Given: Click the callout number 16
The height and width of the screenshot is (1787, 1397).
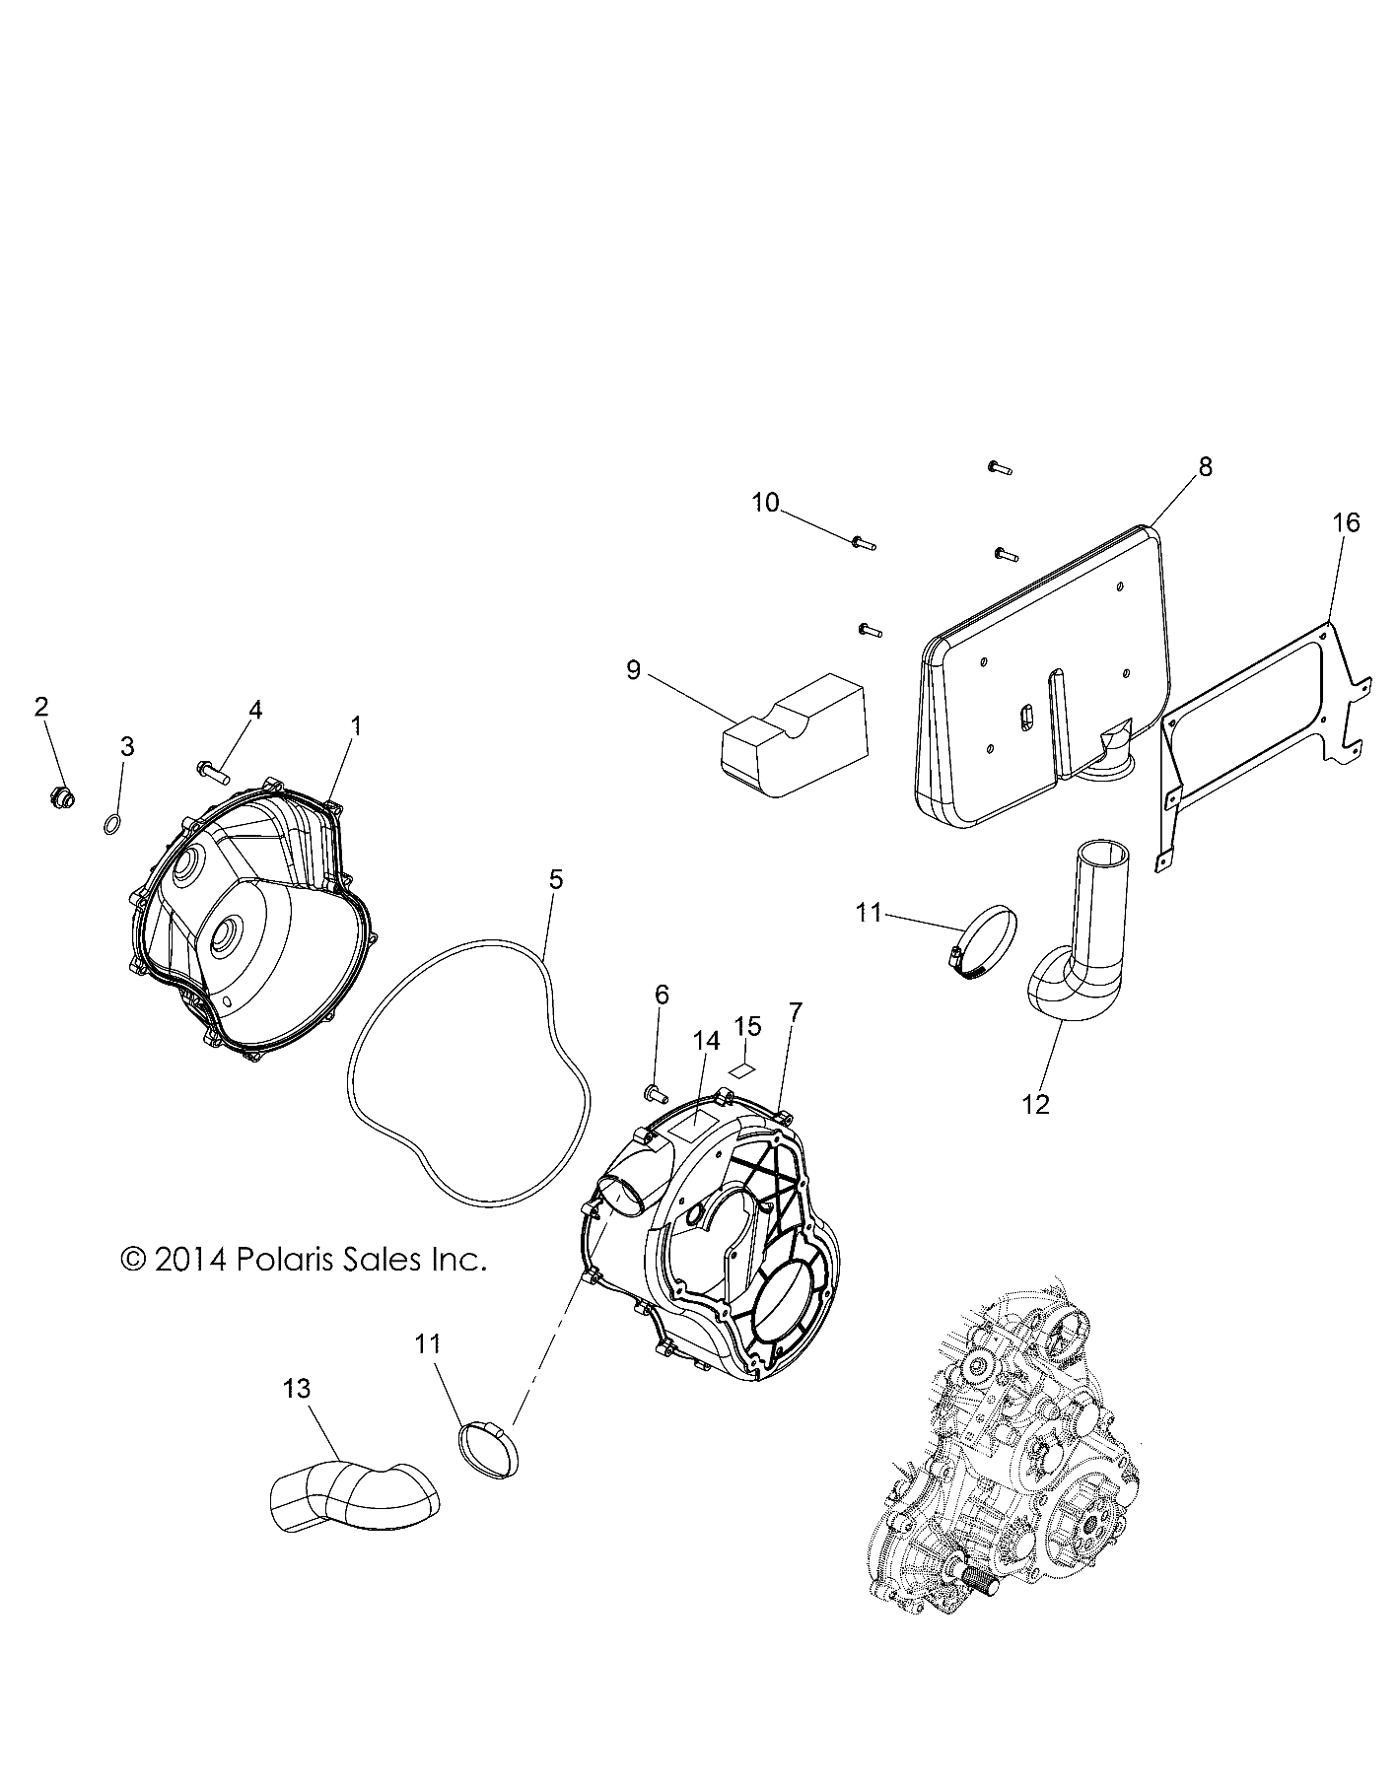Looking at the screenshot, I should pos(1346,522).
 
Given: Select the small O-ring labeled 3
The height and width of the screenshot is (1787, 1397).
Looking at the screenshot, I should pos(113,796).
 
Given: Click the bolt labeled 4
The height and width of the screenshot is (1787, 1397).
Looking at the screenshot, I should pos(212,738).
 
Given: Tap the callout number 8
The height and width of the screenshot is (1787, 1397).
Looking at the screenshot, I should pos(1206,467).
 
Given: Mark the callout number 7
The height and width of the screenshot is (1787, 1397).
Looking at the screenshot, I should pos(796,1011).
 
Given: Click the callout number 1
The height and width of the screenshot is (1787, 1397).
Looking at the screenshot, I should pos(356,726).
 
